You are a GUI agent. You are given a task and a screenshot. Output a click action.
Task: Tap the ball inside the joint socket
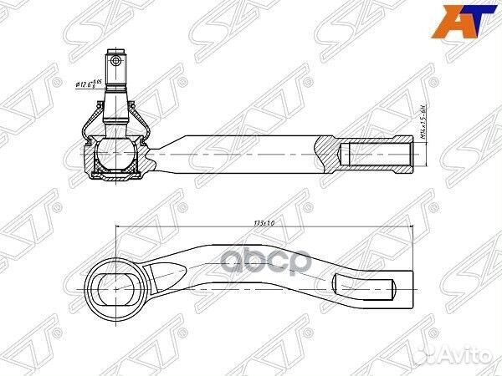click(115, 155)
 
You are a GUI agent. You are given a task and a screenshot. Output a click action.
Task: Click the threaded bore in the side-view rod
click(376, 156)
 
